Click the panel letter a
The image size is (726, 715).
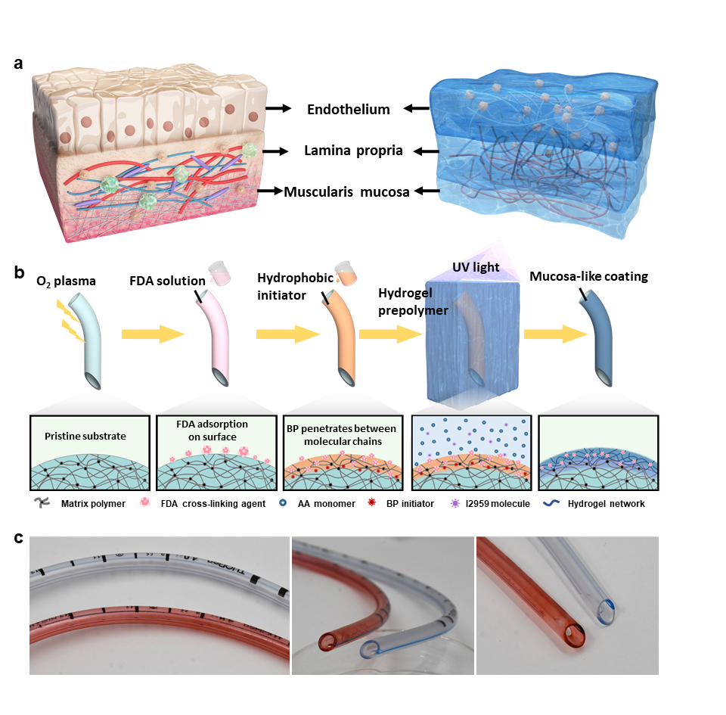(x=20, y=64)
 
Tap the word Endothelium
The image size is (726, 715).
(x=349, y=110)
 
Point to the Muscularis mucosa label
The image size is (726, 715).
(x=346, y=192)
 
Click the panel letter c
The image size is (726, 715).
(x=20, y=538)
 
